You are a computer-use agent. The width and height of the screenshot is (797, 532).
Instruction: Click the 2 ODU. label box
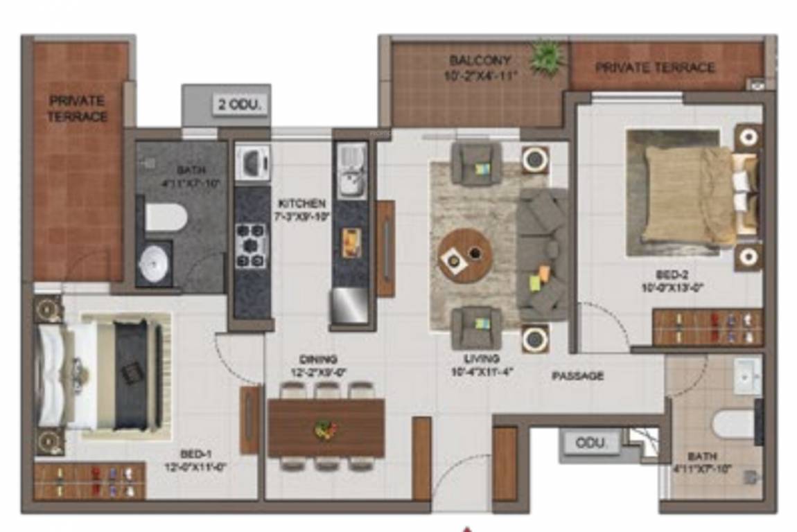point(240,106)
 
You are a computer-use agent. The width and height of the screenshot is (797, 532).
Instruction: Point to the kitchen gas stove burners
point(251,245)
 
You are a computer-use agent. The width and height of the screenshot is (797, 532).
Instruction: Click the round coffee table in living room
point(465,255)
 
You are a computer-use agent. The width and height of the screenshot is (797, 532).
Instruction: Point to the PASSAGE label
point(577,376)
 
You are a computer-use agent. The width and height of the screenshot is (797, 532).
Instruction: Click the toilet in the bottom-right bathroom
point(734,423)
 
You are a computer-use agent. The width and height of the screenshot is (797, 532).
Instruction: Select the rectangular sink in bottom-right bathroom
point(747,376)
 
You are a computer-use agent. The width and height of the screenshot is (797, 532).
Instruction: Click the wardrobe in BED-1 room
point(90,481)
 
